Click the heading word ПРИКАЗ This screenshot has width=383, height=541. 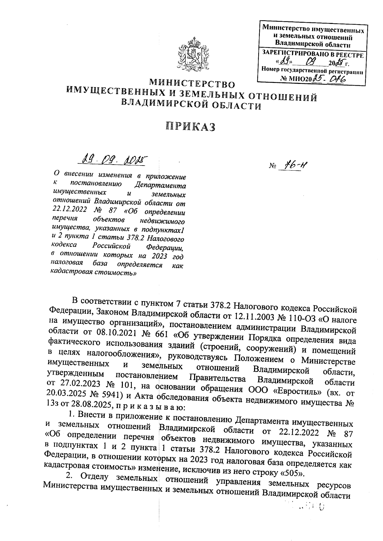(191, 127)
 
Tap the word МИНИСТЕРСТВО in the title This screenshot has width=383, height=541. (192, 84)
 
